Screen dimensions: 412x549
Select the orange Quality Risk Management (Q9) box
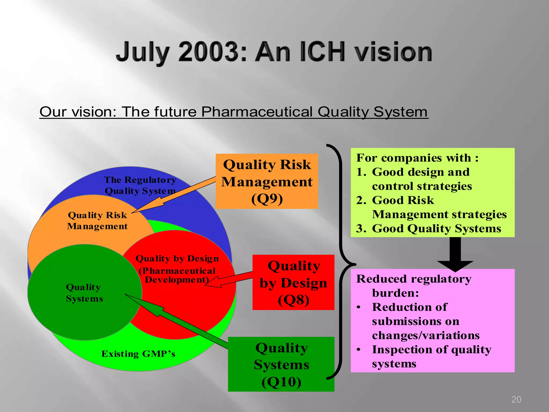click(x=267, y=181)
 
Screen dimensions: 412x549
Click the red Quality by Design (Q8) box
click(x=293, y=282)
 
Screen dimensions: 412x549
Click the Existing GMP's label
click(x=138, y=354)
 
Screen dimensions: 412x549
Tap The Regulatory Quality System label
click(x=140, y=185)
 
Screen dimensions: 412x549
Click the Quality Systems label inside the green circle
click(x=84, y=293)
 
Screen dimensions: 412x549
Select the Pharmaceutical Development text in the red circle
click(x=177, y=275)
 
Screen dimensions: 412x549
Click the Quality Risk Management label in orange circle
click(x=97, y=220)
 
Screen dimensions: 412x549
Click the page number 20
click(x=516, y=399)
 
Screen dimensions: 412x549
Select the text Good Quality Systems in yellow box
click(x=436, y=229)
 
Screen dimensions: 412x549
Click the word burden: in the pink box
click(x=395, y=293)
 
